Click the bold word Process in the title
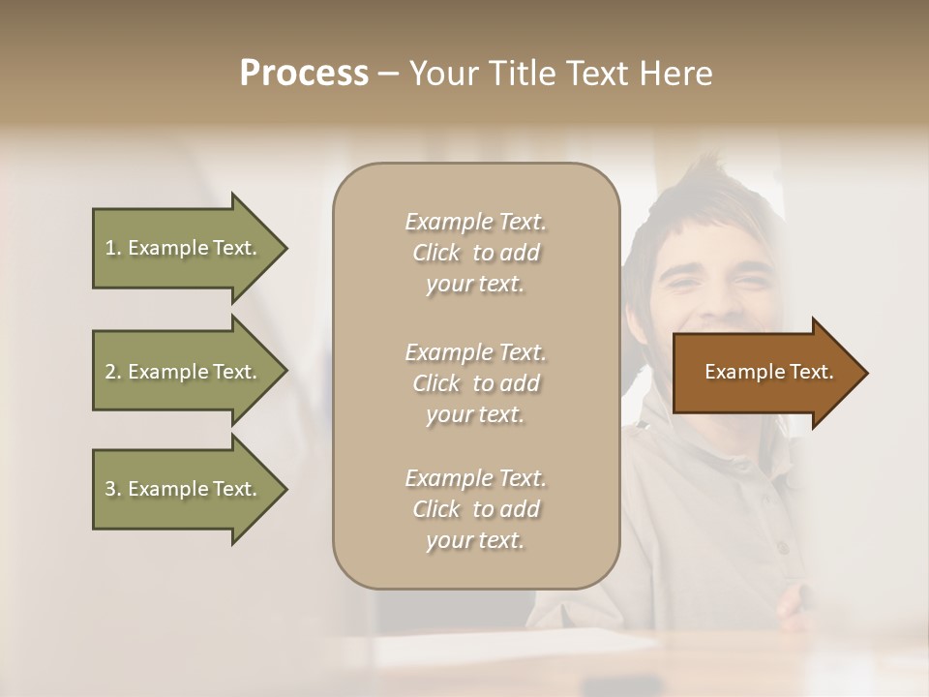pyautogui.click(x=304, y=74)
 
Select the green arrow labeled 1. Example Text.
pyautogui.click(x=184, y=248)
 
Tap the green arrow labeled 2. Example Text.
pyautogui.click(x=184, y=372)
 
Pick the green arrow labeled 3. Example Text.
pyautogui.click(x=184, y=489)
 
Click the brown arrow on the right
pyautogui.click(x=764, y=373)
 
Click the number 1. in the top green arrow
pyautogui.click(x=113, y=248)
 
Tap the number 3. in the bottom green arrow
pyautogui.click(x=113, y=489)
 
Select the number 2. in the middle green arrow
pyautogui.click(x=113, y=372)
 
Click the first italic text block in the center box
pyautogui.click(x=475, y=253)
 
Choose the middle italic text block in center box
pyautogui.click(x=475, y=383)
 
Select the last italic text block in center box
pyautogui.click(x=475, y=509)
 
